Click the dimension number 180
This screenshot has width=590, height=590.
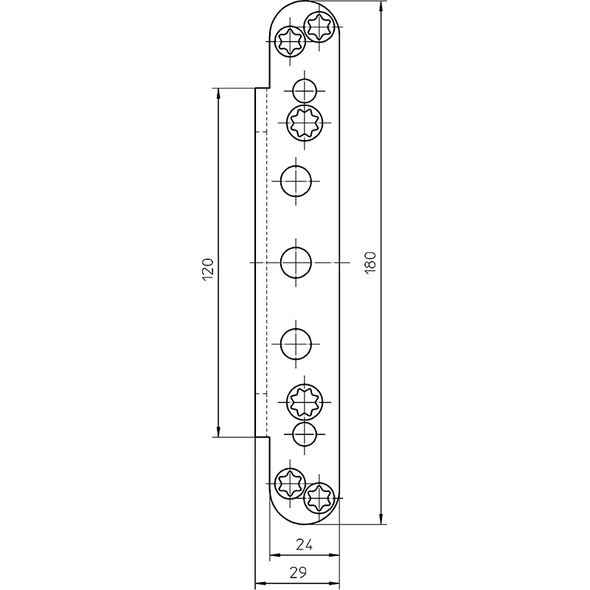point(370,262)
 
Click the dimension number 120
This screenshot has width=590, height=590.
point(208,269)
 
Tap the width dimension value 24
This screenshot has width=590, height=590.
point(304,544)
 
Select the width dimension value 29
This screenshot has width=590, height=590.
point(299,572)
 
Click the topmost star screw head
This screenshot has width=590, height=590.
point(319,27)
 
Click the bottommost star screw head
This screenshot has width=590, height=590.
point(319,499)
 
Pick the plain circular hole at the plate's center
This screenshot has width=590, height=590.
point(296,263)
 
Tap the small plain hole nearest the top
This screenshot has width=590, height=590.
point(305,91)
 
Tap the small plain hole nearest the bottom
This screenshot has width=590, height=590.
point(305,434)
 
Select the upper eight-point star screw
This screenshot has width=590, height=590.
point(305,122)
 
